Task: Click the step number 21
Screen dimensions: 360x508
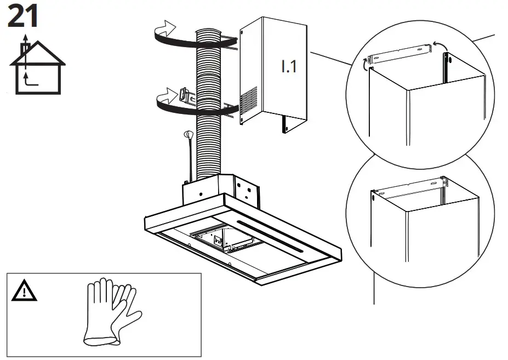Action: click(x=23, y=16)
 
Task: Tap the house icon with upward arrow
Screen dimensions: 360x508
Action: click(x=37, y=67)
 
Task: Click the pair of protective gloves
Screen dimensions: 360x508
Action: click(x=112, y=312)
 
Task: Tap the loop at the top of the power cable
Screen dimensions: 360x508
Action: click(x=187, y=134)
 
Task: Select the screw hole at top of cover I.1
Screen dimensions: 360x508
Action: click(x=242, y=33)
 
